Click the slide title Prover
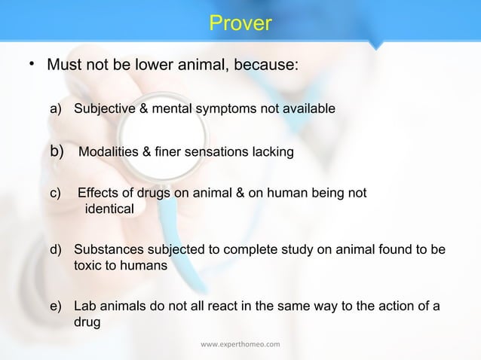(x=240, y=24)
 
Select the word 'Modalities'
(x=108, y=153)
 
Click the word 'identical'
(x=109, y=209)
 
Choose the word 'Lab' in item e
(x=85, y=307)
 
